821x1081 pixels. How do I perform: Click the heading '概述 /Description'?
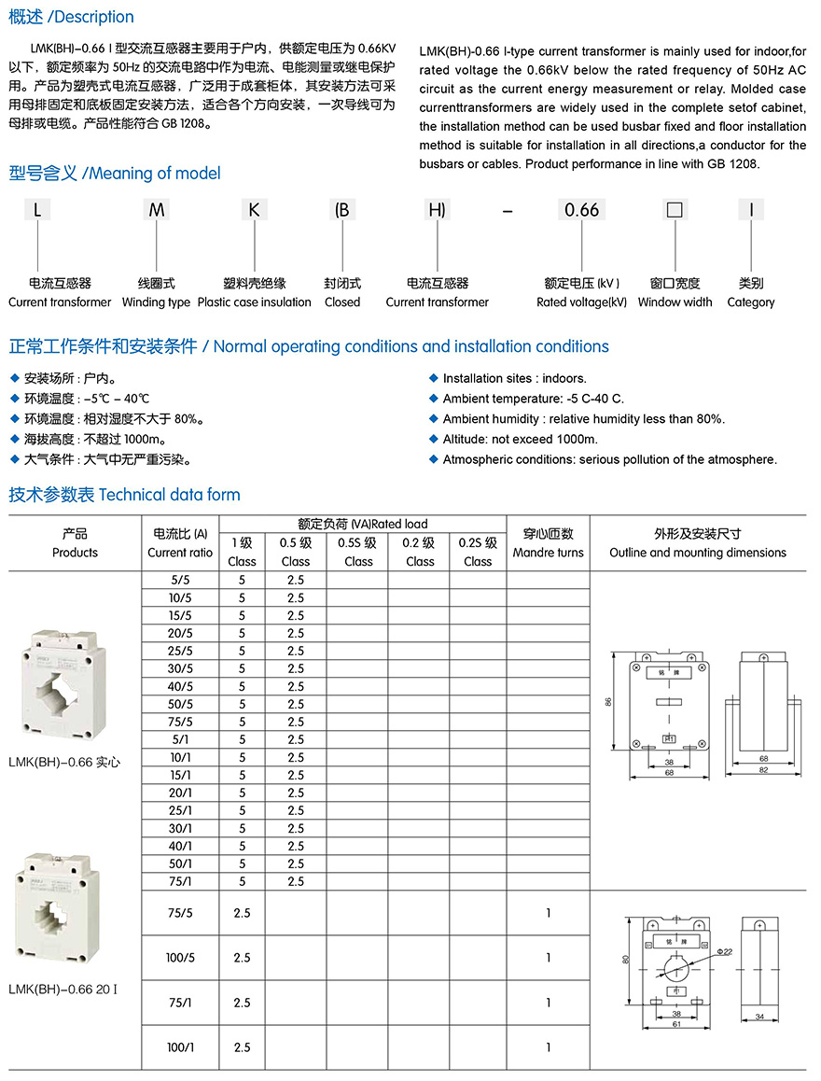pyautogui.click(x=72, y=17)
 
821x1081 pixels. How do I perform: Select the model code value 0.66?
pyautogui.click(x=581, y=209)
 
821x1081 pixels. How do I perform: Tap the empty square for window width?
pyautogui.click(x=674, y=209)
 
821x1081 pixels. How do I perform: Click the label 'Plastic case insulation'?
pyautogui.click(x=254, y=302)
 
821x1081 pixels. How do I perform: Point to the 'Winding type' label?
pyautogui.click(x=156, y=302)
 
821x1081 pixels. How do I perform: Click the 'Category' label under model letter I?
pyautogui.click(x=750, y=302)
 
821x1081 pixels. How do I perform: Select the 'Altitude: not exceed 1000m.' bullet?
pyautogui.click(x=520, y=439)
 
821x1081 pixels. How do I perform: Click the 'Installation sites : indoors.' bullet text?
pyautogui.click(x=514, y=378)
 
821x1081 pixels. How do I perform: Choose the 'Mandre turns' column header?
pyautogui.click(x=548, y=553)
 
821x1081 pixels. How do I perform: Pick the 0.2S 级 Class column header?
pyautogui.click(x=478, y=552)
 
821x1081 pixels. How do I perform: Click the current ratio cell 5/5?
pyautogui.click(x=180, y=580)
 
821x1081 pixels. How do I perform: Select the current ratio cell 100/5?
pyautogui.click(x=180, y=958)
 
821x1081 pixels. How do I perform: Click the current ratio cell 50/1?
pyautogui.click(x=180, y=863)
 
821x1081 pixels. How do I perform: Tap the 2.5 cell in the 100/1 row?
pyautogui.click(x=242, y=1047)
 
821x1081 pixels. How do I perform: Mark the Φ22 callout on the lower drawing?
pyautogui.click(x=726, y=951)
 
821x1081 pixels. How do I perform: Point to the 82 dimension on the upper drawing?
pyautogui.click(x=762, y=769)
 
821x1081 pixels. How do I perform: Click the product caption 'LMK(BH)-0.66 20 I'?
pyautogui.click(x=63, y=988)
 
